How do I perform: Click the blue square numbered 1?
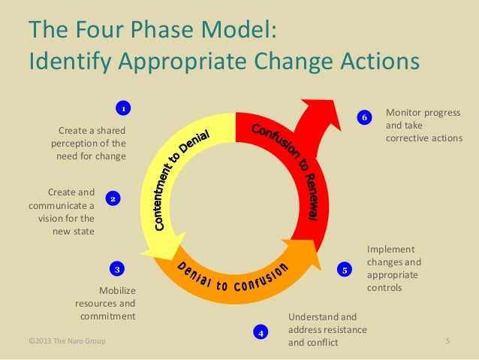[124, 107]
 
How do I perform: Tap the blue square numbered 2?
[112, 199]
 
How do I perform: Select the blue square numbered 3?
[117, 268]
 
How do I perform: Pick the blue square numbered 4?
[260, 331]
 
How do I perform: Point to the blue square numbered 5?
[345, 269]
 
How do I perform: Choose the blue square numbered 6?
[364, 118]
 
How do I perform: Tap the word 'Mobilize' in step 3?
[117, 290]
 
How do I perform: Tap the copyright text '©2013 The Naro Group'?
[67, 342]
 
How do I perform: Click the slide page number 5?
[447, 342]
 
